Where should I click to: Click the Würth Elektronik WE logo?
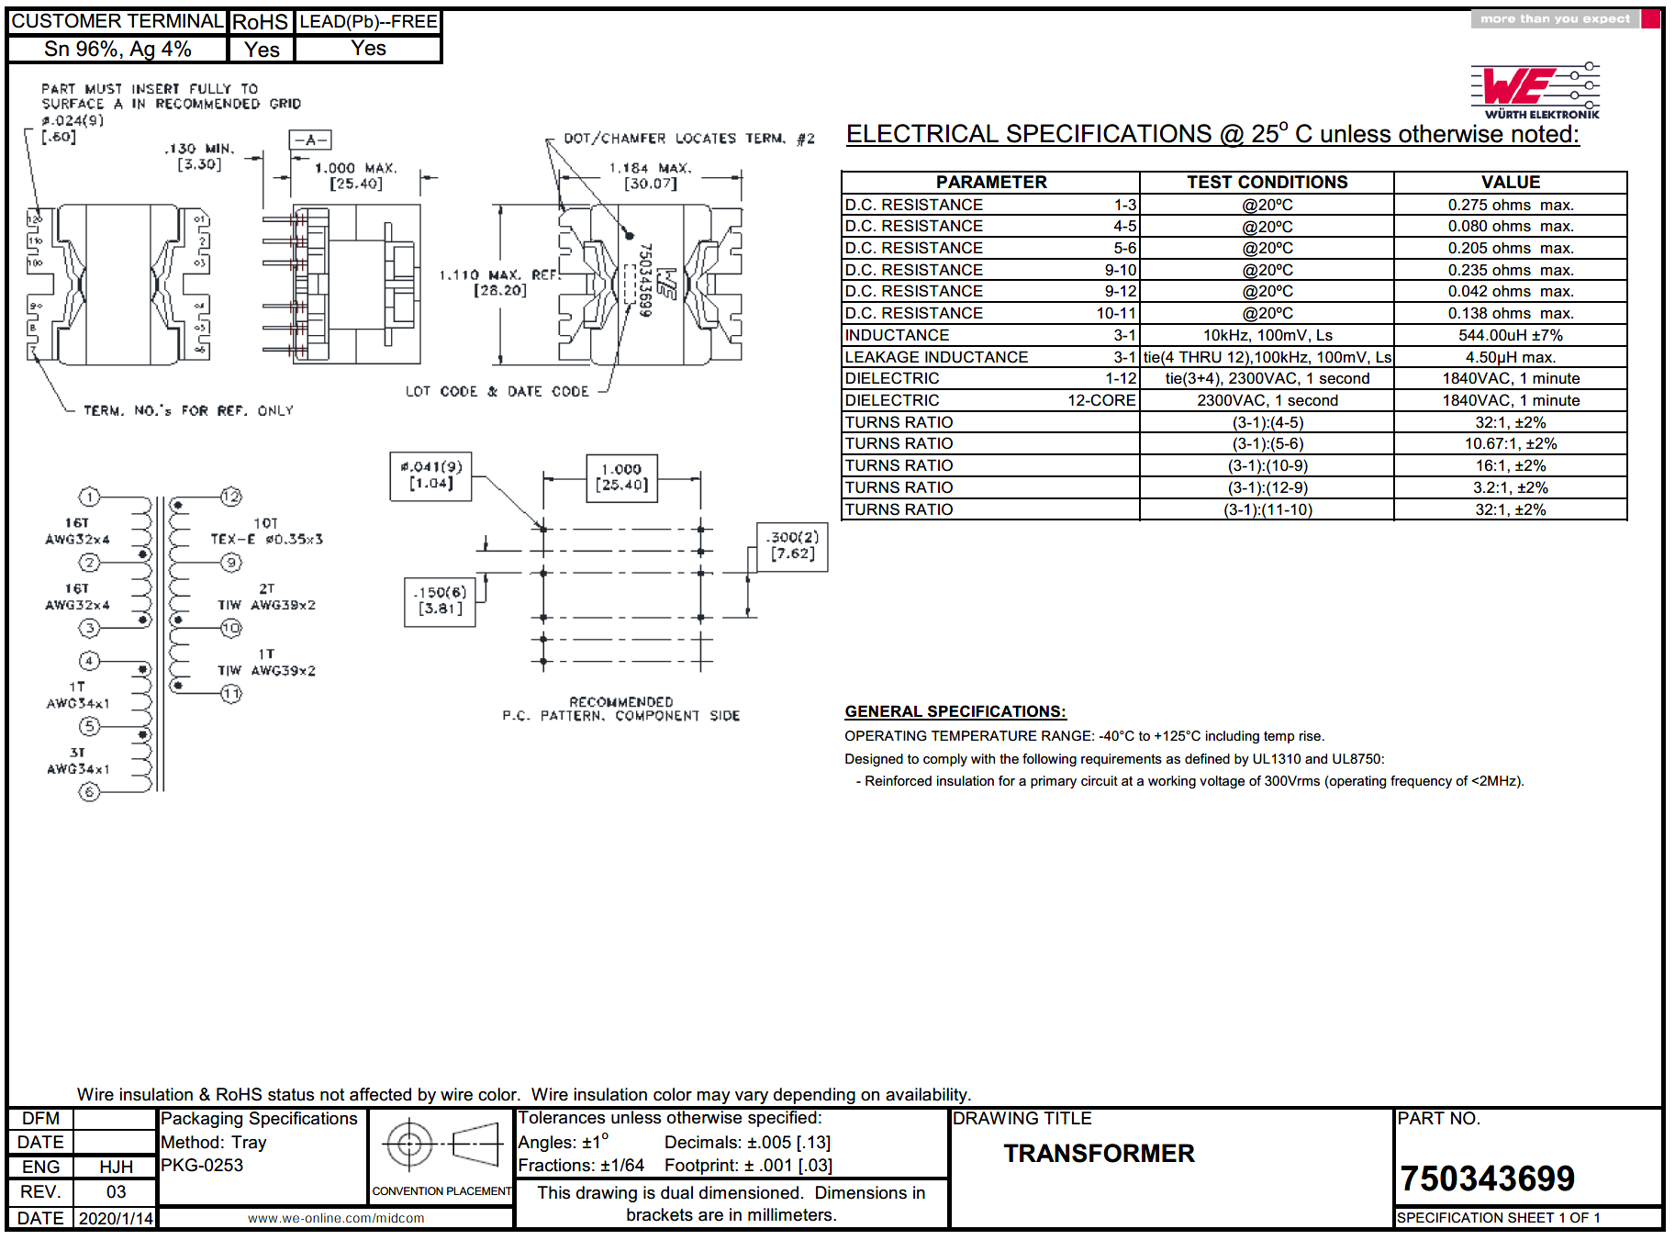click(1535, 90)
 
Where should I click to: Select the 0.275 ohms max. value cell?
click(1510, 205)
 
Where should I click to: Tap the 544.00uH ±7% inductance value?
click(1510, 335)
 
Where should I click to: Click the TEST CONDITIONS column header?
click(1267, 182)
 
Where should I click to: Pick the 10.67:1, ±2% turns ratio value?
click(1510, 443)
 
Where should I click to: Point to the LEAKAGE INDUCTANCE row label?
click(936, 357)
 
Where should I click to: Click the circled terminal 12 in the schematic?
click(231, 497)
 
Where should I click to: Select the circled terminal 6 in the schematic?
click(89, 792)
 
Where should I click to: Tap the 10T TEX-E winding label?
click(266, 531)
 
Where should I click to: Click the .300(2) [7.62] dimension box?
click(792, 545)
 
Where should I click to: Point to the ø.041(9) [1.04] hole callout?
click(431, 475)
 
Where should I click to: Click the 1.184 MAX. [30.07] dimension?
click(650, 175)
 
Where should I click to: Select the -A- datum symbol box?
click(310, 140)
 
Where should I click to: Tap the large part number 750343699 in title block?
click(1487, 1179)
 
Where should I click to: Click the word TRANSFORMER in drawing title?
click(1099, 1153)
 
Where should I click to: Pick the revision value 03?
click(116, 1191)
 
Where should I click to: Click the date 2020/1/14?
click(116, 1218)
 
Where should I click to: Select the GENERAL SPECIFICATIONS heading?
click(955, 711)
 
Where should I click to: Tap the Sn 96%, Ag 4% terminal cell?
click(117, 50)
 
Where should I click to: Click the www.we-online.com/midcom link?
click(336, 1218)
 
